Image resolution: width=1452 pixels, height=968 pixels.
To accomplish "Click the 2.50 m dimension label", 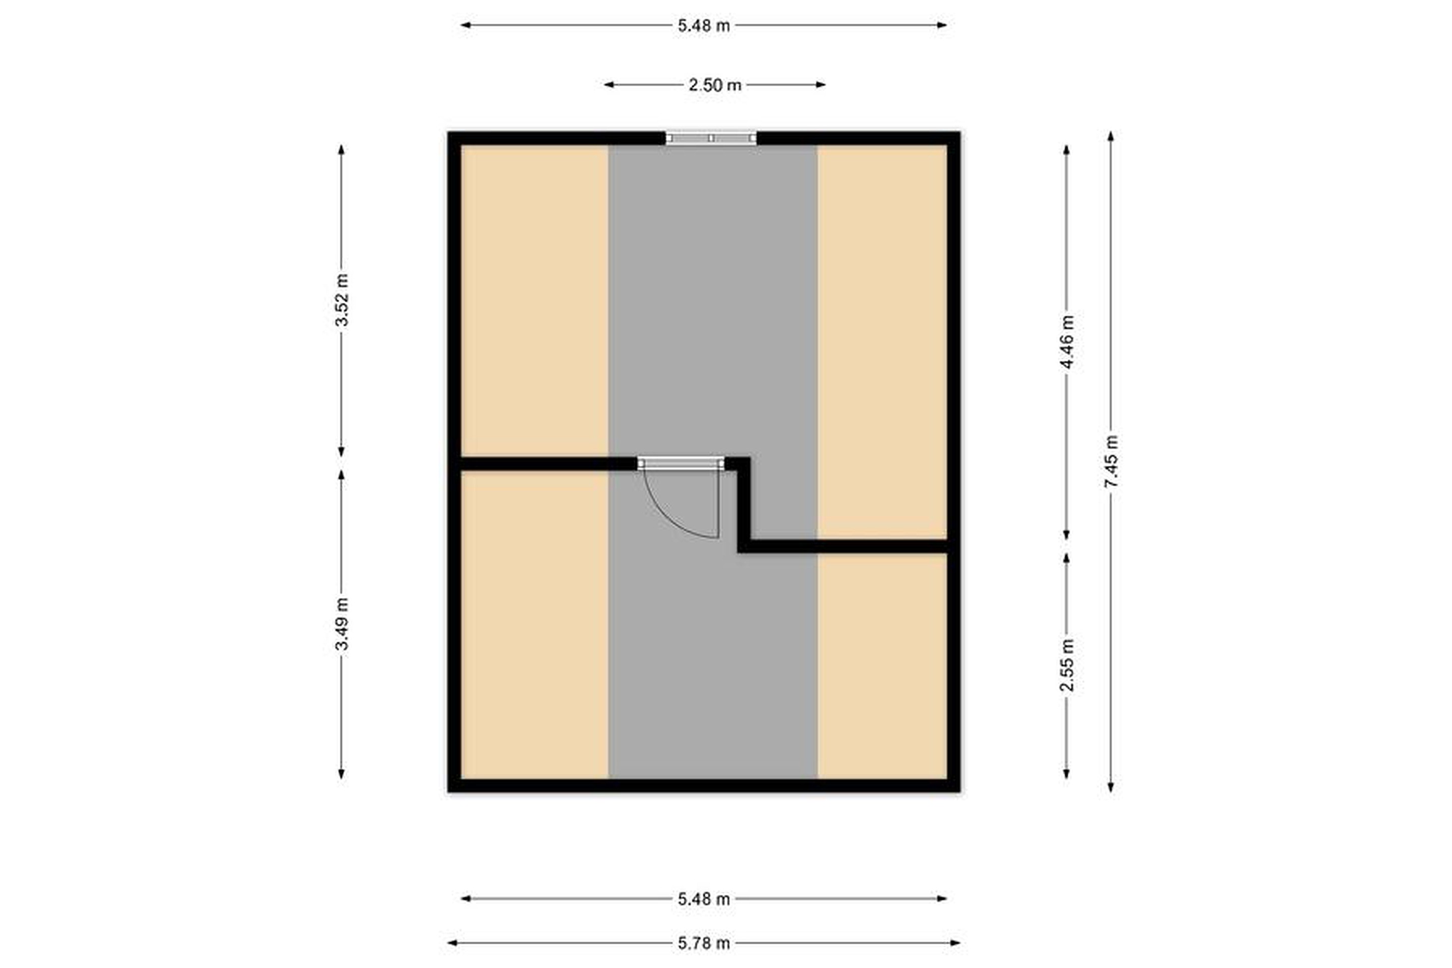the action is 715,85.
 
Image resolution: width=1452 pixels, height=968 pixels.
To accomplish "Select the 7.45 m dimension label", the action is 1111,461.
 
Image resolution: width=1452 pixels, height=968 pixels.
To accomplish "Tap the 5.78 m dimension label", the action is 704,943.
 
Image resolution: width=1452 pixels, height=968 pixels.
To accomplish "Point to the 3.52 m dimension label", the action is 341,300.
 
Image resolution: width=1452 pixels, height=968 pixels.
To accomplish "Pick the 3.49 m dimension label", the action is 341,624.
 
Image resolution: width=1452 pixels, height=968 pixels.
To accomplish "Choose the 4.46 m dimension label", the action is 1067,342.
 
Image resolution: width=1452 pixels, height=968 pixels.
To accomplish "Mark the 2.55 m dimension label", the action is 1067,665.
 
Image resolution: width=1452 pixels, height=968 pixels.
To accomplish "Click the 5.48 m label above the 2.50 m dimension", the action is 704,26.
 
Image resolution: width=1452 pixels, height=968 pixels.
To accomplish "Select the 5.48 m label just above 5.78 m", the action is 704,899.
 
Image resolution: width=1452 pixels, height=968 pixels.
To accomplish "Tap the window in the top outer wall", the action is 711,138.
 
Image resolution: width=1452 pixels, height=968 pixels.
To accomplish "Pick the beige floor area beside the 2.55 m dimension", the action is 882,666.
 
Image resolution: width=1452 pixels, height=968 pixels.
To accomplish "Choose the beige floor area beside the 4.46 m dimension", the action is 882,342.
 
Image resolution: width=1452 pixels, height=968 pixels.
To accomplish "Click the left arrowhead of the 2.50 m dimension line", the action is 609,85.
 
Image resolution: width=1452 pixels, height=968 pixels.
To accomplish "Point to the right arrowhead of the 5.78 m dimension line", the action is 956,943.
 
